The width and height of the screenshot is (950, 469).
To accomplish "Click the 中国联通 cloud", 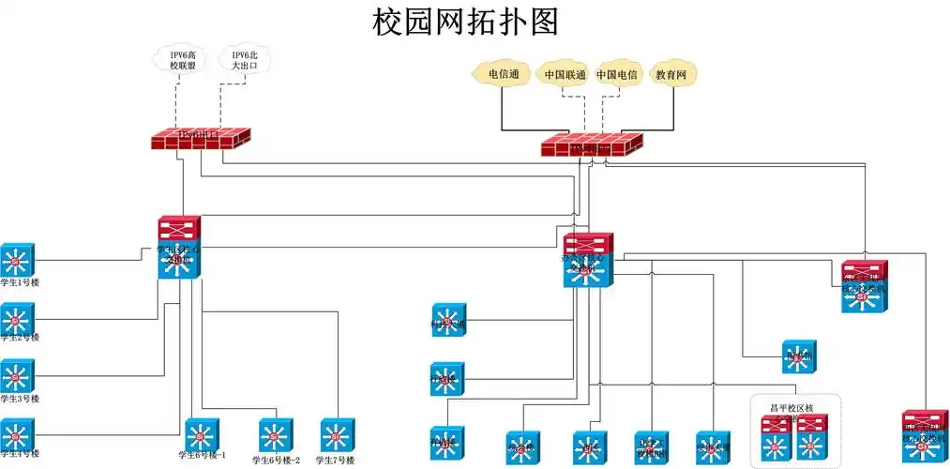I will pyautogui.click(x=565, y=74).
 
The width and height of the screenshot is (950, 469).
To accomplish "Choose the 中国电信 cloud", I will pyautogui.click(x=616, y=74).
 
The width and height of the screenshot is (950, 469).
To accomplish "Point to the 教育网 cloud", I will pyautogui.click(x=675, y=74).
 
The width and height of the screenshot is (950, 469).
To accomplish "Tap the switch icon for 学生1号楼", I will pyautogui.click(x=17, y=260).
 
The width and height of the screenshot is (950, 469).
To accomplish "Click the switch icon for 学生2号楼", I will pyautogui.click(x=17, y=318).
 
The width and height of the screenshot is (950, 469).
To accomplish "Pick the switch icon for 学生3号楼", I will pyautogui.click(x=17, y=376).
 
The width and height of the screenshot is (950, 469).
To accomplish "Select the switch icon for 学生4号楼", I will pyautogui.click(x=17, y=433).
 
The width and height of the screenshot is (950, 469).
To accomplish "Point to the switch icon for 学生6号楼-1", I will pyautogui.click(x=202, y=434).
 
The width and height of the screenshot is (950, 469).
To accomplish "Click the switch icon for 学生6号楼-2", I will pyautogui.click(x=276, y=434).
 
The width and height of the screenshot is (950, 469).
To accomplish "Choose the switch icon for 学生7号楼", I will pyautogui.click(x=336, y=434).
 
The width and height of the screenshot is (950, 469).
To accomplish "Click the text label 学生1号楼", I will pyautogui.click(x=20, y=283).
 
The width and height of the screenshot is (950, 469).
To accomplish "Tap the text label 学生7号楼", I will pyautogui.click(x=336, y=461).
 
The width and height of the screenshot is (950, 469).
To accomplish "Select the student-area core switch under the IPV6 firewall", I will pyautogui.click(x=179, y=248).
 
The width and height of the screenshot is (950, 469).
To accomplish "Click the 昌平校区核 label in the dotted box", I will pyautogui.click(x=792, y=408).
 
